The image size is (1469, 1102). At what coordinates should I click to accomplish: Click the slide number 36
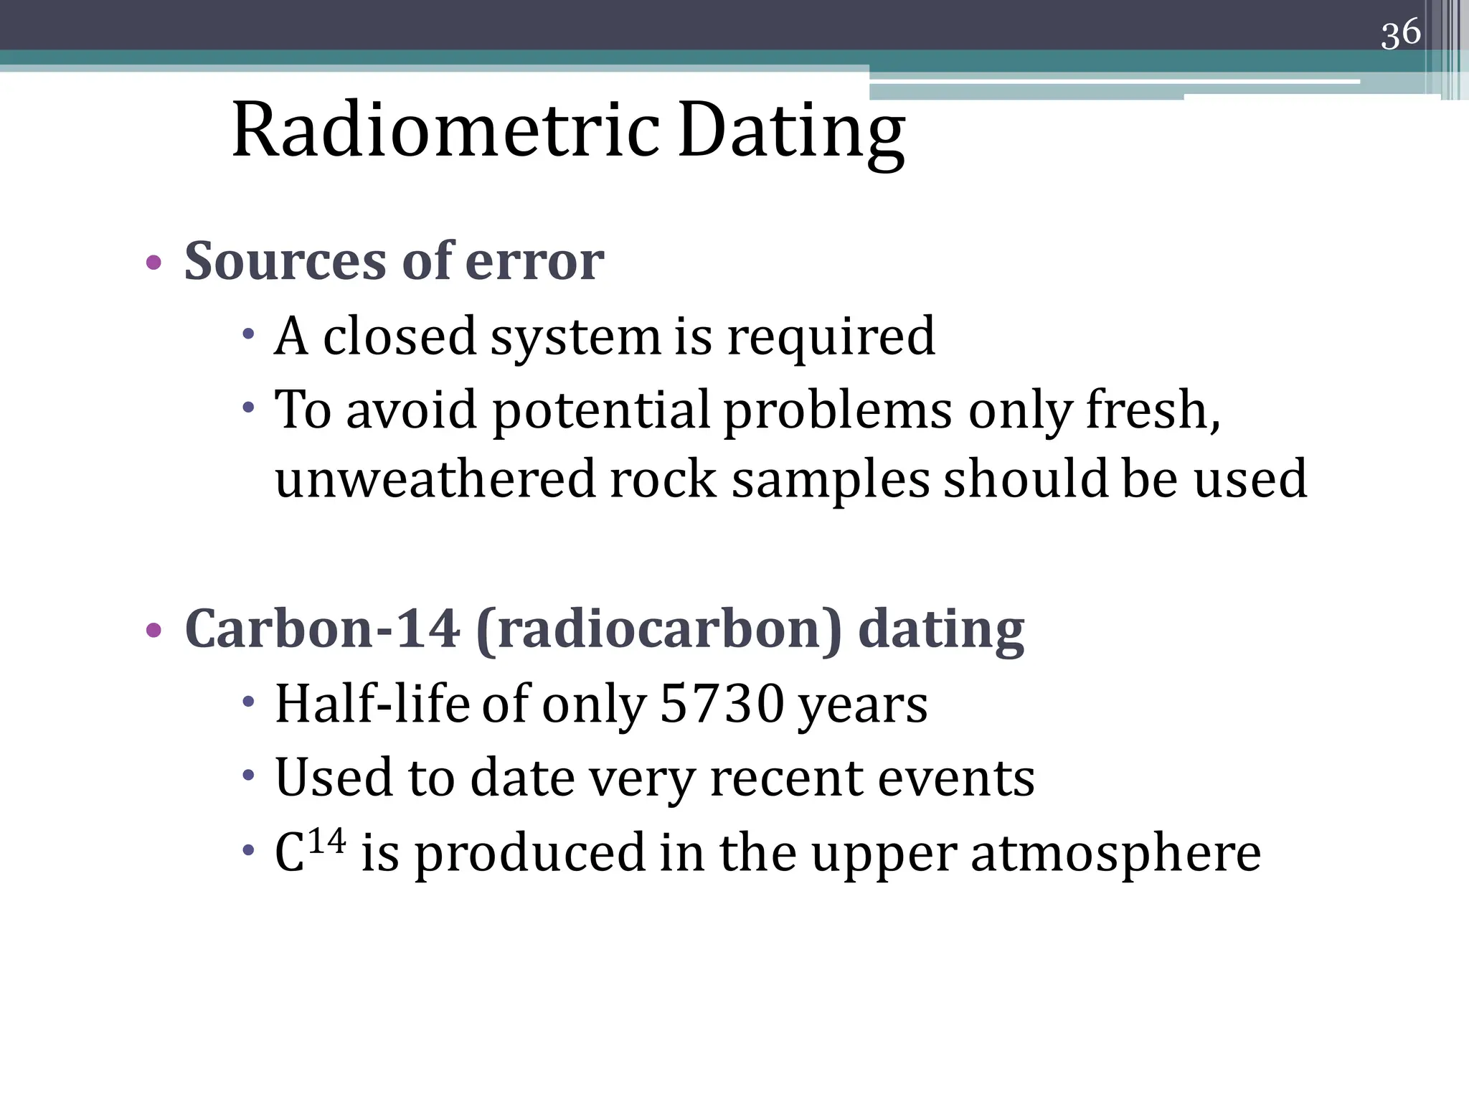click(1400, 34)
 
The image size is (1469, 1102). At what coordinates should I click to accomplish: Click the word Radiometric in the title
click(445, 131)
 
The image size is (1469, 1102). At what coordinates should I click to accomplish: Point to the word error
click(534, 262)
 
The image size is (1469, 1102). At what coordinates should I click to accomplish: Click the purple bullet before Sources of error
click(153, 263)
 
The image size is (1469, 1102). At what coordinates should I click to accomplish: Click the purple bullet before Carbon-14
click(153, 631)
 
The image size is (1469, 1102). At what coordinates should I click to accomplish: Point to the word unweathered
click(435, 479)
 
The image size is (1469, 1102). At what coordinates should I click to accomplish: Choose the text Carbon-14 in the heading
click(321, 629)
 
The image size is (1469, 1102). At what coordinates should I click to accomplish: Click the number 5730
click(722, 704)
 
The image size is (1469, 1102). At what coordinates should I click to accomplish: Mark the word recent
click(786, 778)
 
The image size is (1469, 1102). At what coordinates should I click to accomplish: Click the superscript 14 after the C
click(328, 840)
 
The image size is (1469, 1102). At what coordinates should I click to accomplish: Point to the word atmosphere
click(1115, 854)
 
